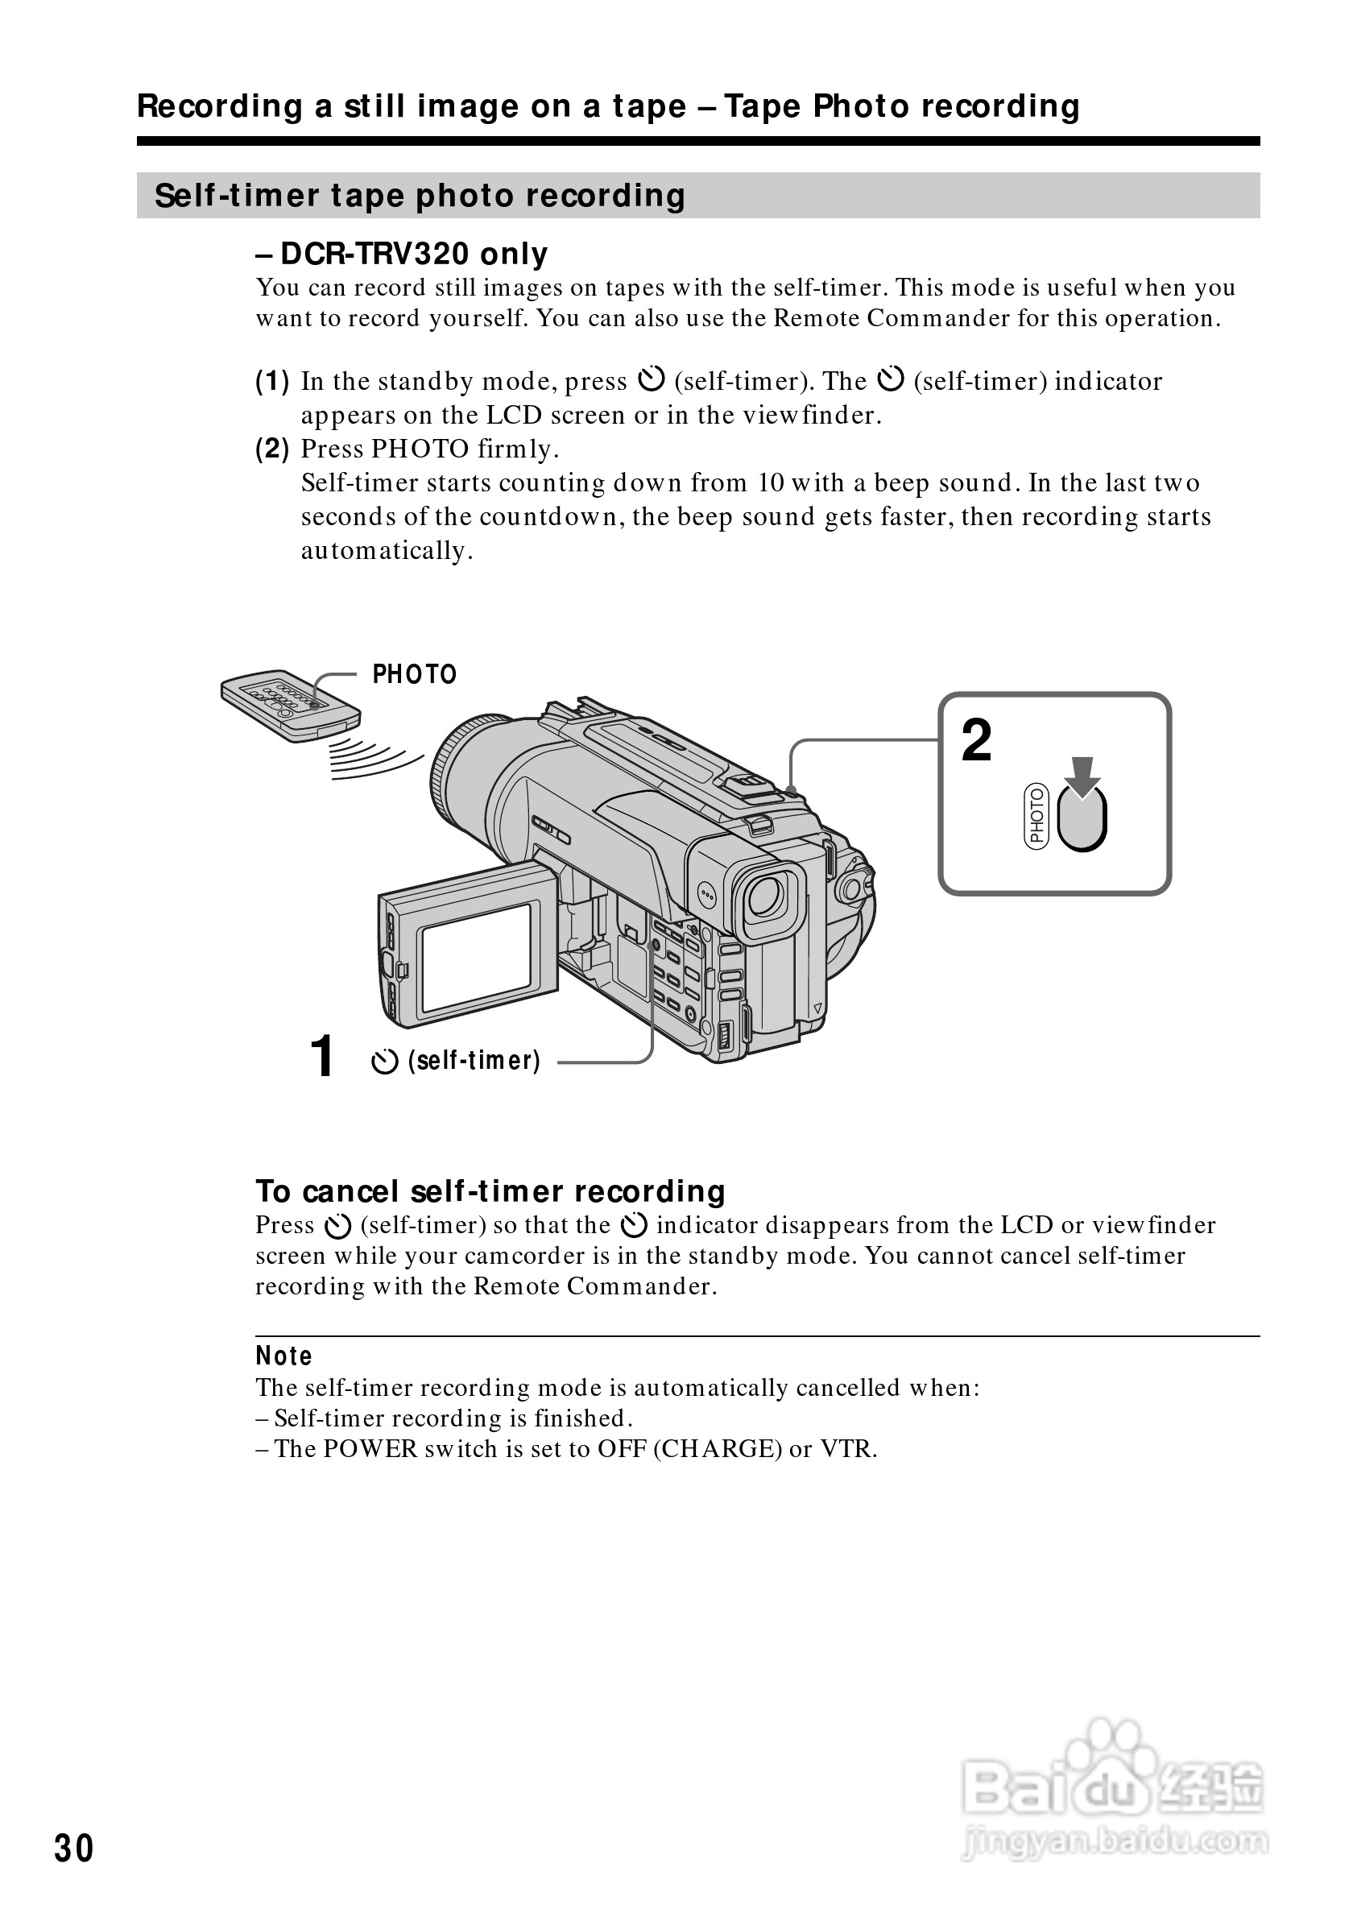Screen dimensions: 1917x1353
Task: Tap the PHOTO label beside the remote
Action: (414, 675)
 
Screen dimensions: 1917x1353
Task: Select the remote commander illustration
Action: (290, 706)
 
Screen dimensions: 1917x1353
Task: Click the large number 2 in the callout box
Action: (977, 741)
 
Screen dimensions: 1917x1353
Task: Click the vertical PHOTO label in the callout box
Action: (1036, 818)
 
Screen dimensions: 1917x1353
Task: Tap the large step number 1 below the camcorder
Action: (321, 1056)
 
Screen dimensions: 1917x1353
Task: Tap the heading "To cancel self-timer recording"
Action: (490, 1191)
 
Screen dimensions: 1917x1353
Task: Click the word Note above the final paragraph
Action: (283, 1356)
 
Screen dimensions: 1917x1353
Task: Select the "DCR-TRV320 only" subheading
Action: (403, 254)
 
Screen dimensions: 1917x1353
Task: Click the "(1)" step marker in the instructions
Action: (272, 382)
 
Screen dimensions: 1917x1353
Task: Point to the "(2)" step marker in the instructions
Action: (272, 449)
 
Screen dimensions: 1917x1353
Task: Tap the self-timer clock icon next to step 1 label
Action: (384, 1062)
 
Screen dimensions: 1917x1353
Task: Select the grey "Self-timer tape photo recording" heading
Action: (420, 197)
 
